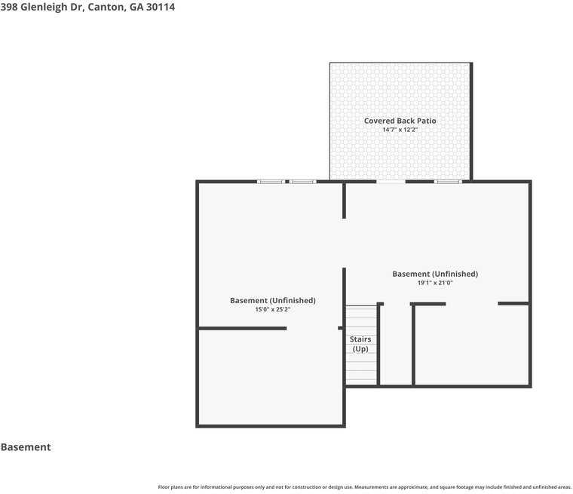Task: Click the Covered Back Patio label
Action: click(x=400, y=121)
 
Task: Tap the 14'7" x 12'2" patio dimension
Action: click(x=400, y=130)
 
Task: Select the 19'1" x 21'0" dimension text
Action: click(x=435, y=283)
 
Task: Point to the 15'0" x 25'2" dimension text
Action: click(x=273, y=309)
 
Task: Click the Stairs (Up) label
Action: click(x=360, y=344)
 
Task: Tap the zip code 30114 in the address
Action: click(x=161, y=7)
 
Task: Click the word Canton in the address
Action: click(x=107, y=7)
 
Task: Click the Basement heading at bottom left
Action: click(x=26, y=446)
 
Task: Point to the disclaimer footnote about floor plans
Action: click(x=364, y=487)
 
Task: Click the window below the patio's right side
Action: click(x=448, y=182)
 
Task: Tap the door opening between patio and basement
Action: click(x=391, y=182)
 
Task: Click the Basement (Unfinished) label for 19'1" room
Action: click(x=435, y=274)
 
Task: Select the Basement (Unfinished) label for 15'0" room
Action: click(x=273, y=301)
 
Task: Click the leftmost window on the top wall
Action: click(x=271, y=182)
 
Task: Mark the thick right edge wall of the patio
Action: click(x=471, y=121)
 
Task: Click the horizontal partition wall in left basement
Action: click(x=243, y=328)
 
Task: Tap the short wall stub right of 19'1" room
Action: click(x=513, y=303)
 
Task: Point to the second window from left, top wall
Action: click(x=303, y=182)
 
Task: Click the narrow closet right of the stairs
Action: click(x=396, y=345)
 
